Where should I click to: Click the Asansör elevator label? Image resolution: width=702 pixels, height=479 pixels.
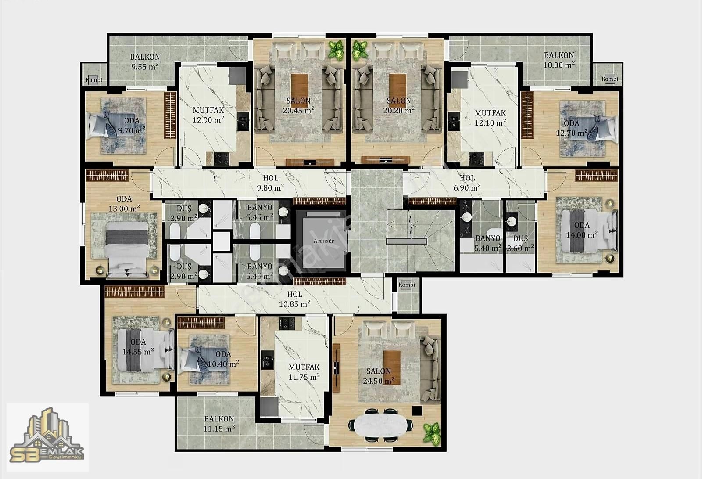(x=324, y=241)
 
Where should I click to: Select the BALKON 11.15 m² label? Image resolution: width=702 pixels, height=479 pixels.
(x=219, y=424)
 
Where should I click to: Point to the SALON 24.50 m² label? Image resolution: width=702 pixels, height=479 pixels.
(x=379, y=376)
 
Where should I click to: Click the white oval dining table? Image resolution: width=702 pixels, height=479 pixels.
(x=380, y=426)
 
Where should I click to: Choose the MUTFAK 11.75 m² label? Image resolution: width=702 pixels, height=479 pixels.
(x=304, y=372)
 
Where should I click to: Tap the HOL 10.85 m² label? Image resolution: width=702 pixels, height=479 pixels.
(x=294, y=299)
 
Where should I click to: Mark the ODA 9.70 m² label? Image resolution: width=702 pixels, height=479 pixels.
(x=132, y=126)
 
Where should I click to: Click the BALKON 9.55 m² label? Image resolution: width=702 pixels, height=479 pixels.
(x=145, y=61)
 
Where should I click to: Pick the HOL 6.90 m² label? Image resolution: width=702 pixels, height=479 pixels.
(x=467, y=183)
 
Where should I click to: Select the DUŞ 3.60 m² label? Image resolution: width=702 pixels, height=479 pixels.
(x=520, y=244)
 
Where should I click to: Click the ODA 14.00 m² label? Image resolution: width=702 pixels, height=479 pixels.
(x=582, y=230)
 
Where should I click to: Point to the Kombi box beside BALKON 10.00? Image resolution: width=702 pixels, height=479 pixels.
(x=609, y=79)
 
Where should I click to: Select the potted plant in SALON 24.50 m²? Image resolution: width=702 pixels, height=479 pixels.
(x=432, y=434)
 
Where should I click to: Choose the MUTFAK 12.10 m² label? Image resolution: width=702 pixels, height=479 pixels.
(x=490, y=118)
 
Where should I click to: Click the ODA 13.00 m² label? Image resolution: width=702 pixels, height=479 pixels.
(x=124, y=204)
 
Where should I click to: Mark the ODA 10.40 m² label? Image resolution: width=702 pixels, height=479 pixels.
(x=223, y=359)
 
